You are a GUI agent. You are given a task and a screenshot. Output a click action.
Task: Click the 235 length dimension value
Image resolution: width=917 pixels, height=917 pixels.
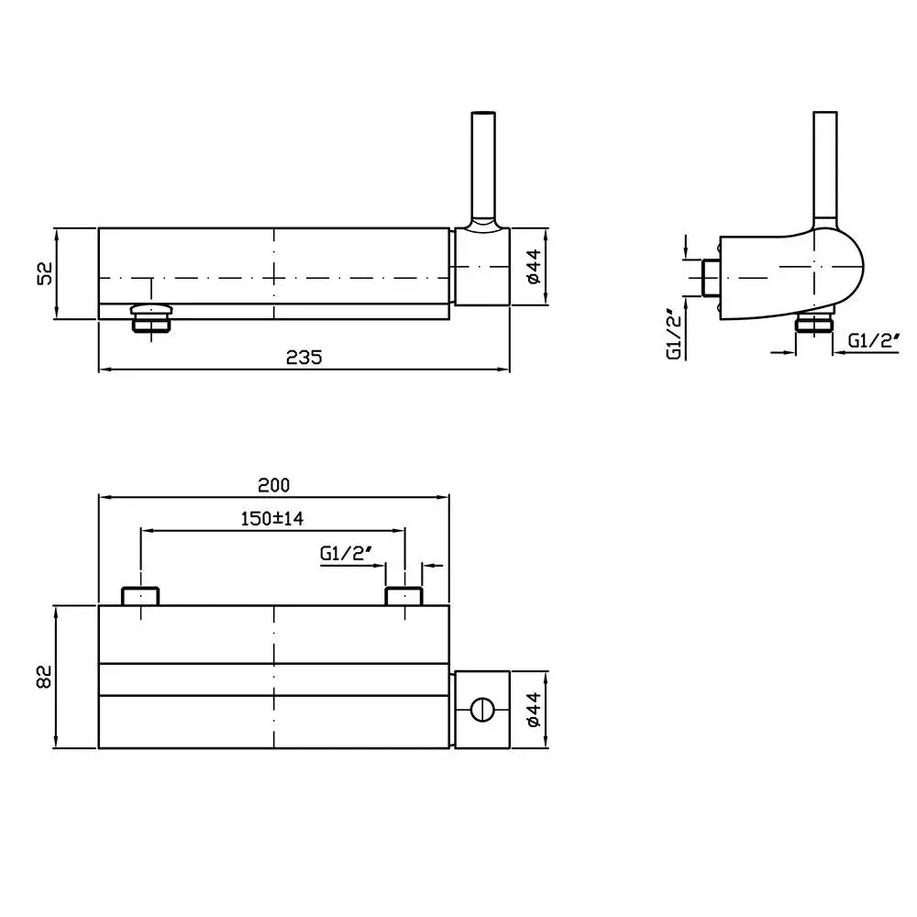coord(304,358)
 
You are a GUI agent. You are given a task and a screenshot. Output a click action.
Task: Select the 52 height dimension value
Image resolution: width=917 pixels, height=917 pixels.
coord(44,273)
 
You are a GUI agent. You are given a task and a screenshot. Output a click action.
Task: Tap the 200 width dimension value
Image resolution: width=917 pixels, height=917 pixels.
coord(273,485)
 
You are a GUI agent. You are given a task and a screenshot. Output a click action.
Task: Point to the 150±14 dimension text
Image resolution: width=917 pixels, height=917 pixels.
coord(272,518)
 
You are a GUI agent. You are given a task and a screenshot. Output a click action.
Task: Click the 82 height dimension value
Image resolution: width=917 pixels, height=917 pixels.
coord(44,677)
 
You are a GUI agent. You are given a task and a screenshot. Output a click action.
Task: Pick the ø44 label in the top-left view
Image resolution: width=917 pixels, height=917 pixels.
coord(534,266)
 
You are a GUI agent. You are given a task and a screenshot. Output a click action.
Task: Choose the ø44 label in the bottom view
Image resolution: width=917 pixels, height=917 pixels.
coord(534,710)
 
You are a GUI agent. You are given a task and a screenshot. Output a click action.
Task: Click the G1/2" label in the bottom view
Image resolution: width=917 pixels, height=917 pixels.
coord(347,552)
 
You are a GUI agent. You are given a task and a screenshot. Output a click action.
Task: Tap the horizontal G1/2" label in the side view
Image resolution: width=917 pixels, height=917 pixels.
coord(874,340)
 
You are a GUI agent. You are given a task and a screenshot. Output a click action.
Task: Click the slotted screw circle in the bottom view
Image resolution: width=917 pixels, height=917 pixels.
coord(482,710)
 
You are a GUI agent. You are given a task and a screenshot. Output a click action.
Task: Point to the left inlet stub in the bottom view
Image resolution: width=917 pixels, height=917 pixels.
coord(140,596)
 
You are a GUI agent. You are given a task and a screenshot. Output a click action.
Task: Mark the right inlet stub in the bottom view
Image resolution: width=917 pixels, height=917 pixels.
coord(404,596)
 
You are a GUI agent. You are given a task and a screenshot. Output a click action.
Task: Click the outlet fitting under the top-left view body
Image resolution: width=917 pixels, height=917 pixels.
coord(151,317)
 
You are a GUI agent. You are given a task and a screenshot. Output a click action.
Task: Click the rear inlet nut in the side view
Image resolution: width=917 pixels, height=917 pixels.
coord(711,277)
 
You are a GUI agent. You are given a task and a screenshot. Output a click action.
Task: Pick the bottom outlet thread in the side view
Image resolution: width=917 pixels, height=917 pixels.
coord(813,323)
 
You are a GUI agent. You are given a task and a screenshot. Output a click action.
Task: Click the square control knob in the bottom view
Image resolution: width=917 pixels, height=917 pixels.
coord(482,710)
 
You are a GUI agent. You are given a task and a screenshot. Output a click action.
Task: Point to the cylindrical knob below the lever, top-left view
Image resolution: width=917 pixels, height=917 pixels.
coord(482,266)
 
